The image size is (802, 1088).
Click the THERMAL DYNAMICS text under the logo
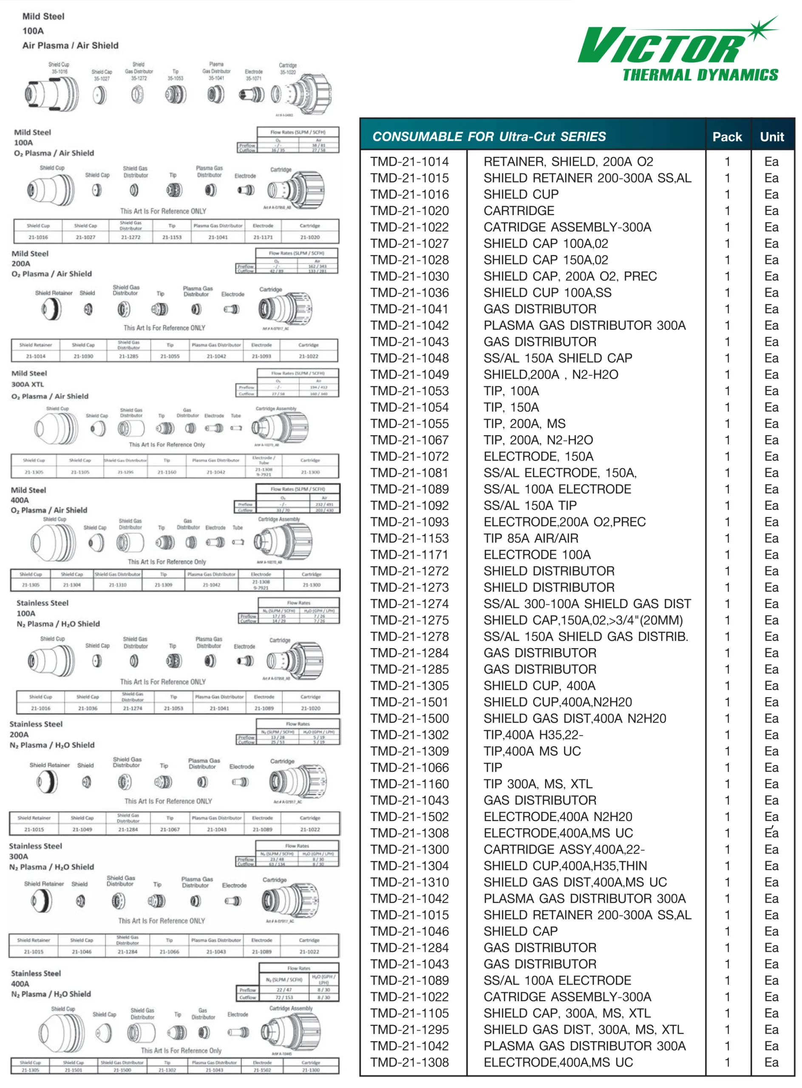pos(700,75)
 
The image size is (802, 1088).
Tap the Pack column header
pos(727,137)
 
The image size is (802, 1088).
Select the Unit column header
pos(771,137)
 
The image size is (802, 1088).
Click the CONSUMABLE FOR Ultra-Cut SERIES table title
pos(489,137)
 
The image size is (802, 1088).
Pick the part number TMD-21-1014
pos(409,161)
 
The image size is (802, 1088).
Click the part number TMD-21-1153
pos(409,538)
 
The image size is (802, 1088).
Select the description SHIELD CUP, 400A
pos(539,686)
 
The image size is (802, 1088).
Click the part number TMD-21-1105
pos(409,1013)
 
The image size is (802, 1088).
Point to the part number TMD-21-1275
pos(409,620)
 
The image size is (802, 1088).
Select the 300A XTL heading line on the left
pos(28,384)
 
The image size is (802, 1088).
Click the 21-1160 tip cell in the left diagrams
pos(167,472)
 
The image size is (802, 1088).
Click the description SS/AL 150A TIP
pos(530,505)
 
